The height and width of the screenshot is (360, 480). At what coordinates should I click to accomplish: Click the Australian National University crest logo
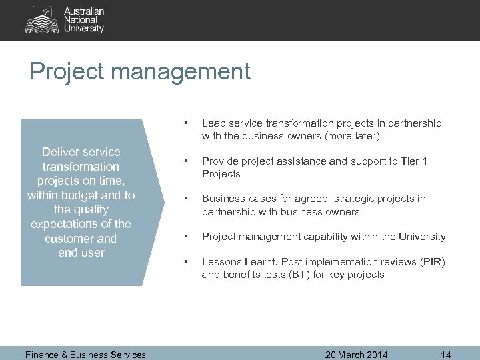(42, 20)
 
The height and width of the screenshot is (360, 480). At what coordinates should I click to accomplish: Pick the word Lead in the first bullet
(213, 123)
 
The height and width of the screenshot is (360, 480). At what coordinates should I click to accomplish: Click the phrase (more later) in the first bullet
(352, 137)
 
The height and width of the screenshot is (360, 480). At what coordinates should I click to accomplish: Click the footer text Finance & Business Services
(85, 355)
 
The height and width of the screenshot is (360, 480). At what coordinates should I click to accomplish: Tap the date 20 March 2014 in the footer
(357, 355)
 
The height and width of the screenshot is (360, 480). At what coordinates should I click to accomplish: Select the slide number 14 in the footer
(447, 355)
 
